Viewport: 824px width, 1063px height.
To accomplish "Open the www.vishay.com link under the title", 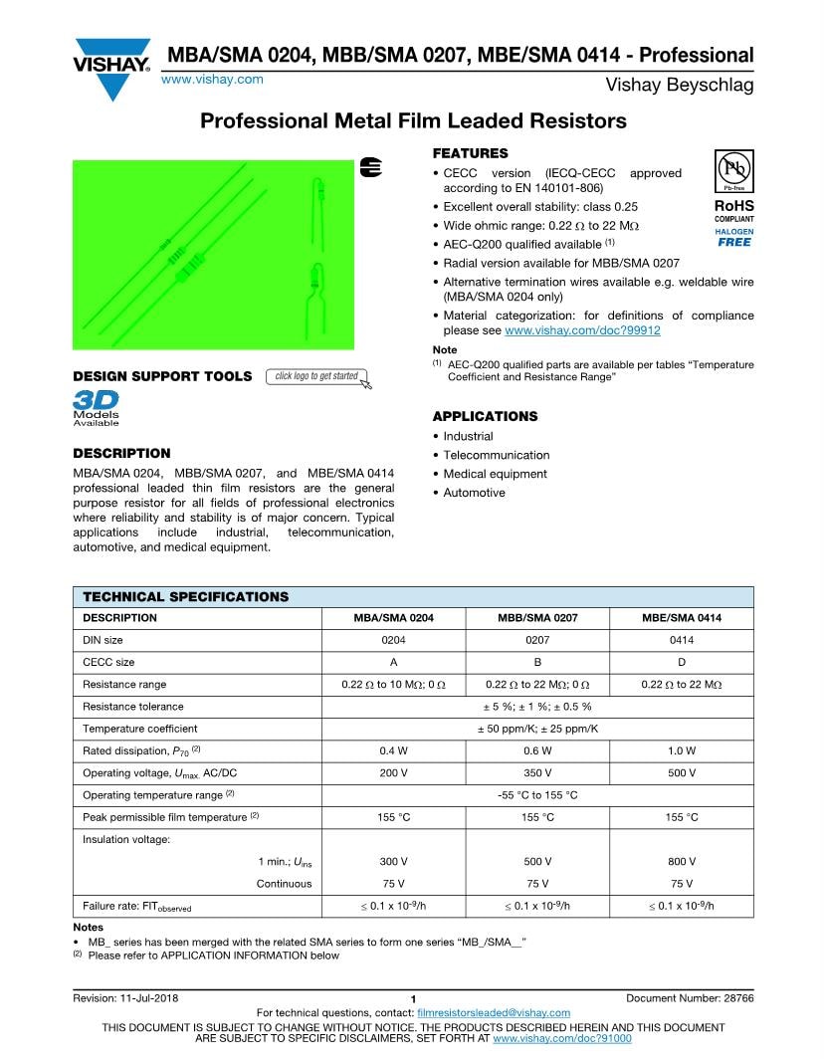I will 212,80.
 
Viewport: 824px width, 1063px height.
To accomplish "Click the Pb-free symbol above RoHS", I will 733,170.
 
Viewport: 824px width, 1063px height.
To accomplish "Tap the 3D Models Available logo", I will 97,408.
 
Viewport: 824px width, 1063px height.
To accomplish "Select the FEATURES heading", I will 470,153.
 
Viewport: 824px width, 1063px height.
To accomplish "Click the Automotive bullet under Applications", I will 474,493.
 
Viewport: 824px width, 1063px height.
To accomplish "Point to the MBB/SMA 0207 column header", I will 537,618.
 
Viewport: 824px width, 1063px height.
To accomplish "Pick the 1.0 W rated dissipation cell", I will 682,750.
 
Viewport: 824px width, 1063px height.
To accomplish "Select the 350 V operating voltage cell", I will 537,772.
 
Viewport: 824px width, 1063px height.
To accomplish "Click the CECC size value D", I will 682,662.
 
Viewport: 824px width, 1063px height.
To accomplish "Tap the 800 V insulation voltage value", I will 682,861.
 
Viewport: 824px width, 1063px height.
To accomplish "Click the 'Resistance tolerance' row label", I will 132,707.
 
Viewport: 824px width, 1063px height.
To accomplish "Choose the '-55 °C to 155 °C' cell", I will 537,795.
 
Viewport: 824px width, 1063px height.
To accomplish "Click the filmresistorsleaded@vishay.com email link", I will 494,1012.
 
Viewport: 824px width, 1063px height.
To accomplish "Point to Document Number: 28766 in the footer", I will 690,998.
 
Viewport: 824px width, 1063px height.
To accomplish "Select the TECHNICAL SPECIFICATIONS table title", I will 185,597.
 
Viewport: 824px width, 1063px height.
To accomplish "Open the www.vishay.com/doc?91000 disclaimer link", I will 562,1038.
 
